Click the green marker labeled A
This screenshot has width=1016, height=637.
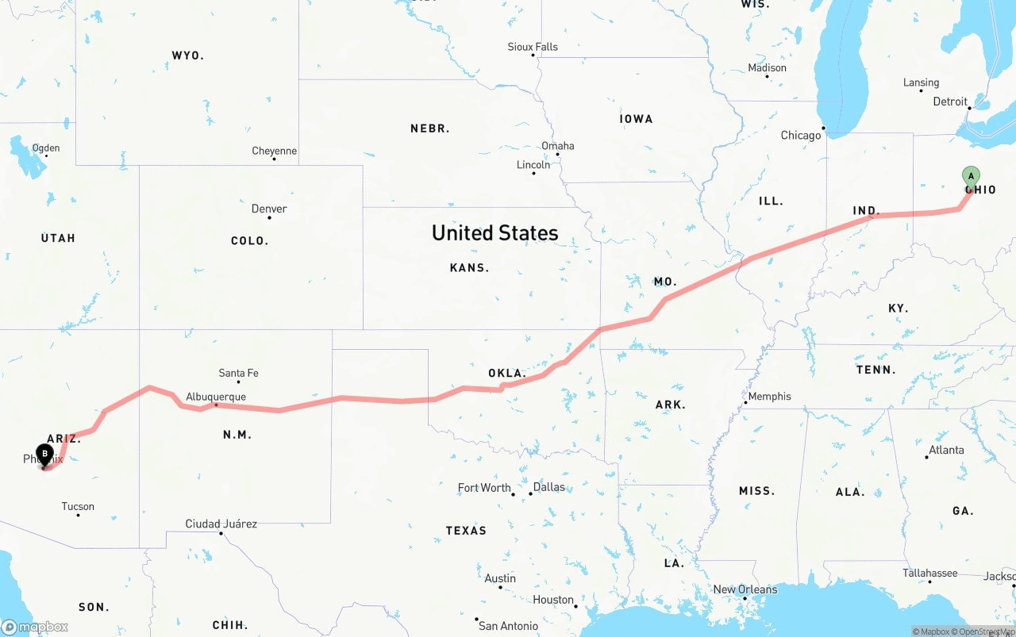click(970, 176)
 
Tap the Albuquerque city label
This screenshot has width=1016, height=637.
click(216, 397)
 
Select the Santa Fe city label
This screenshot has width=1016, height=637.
click(238, 373)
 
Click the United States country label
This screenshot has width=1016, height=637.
click(495, 232)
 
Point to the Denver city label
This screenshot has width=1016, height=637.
click(269, 209)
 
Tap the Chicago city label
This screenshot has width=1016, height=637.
click(801, 135)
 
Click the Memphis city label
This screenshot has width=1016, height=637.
click(769, 396)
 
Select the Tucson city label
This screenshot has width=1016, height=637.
click(78, 506)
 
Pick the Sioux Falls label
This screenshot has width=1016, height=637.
click(533, 47)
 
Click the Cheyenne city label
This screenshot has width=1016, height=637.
click(274, 151)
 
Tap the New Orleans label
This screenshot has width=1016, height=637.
click(745, 589)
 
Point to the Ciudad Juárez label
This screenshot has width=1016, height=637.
click(221, 524)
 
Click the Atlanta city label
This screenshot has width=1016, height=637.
click(946, 450)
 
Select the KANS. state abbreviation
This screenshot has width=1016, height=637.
click(469, 268)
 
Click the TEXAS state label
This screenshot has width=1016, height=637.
click(466, 530)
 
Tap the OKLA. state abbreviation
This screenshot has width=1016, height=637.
click(506, 373)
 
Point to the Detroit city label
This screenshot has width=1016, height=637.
click(950, 102)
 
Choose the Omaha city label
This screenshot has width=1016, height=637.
click(557, 146)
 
